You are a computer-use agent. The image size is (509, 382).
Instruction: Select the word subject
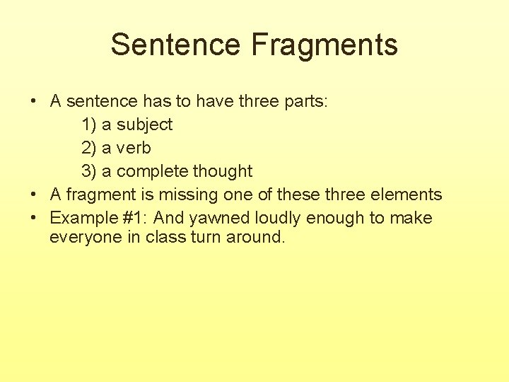144,125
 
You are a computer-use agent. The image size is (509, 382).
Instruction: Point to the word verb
134,148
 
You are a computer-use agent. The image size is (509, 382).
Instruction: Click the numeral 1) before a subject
89,125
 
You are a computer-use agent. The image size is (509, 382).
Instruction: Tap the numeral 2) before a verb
89,148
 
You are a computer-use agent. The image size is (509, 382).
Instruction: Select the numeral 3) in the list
89,171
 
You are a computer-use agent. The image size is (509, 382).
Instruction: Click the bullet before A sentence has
34,101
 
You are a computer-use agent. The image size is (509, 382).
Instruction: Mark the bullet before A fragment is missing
34,195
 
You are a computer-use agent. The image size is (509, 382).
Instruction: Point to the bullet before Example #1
34,218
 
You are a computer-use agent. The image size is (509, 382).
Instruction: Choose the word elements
410,195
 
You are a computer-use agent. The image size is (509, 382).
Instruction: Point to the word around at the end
256,237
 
